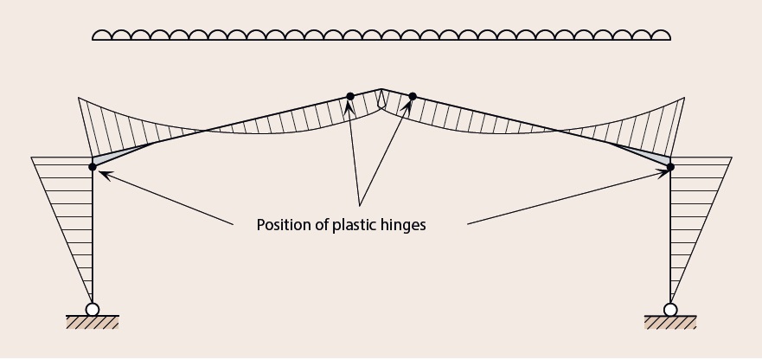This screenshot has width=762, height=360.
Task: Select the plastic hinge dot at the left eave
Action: coord(93,166)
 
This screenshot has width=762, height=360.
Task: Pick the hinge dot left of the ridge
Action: coord(349,96)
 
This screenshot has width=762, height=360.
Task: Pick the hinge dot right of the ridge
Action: coord(413,96)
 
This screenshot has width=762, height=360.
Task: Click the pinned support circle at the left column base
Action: coord(93,309)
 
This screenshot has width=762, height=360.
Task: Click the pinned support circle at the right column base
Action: coord(670,309)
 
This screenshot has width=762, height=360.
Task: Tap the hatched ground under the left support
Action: coord(93,323)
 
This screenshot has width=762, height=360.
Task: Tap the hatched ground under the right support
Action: coord(670,323)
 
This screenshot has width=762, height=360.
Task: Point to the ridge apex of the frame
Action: coord(381,88)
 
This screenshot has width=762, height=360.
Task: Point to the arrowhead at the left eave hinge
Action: coord(101,171)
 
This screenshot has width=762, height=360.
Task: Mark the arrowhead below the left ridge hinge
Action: coord(349,106)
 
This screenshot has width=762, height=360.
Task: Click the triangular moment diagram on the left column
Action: coord(69,199)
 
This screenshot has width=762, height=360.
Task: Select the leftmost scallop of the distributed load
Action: coord(101,35)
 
